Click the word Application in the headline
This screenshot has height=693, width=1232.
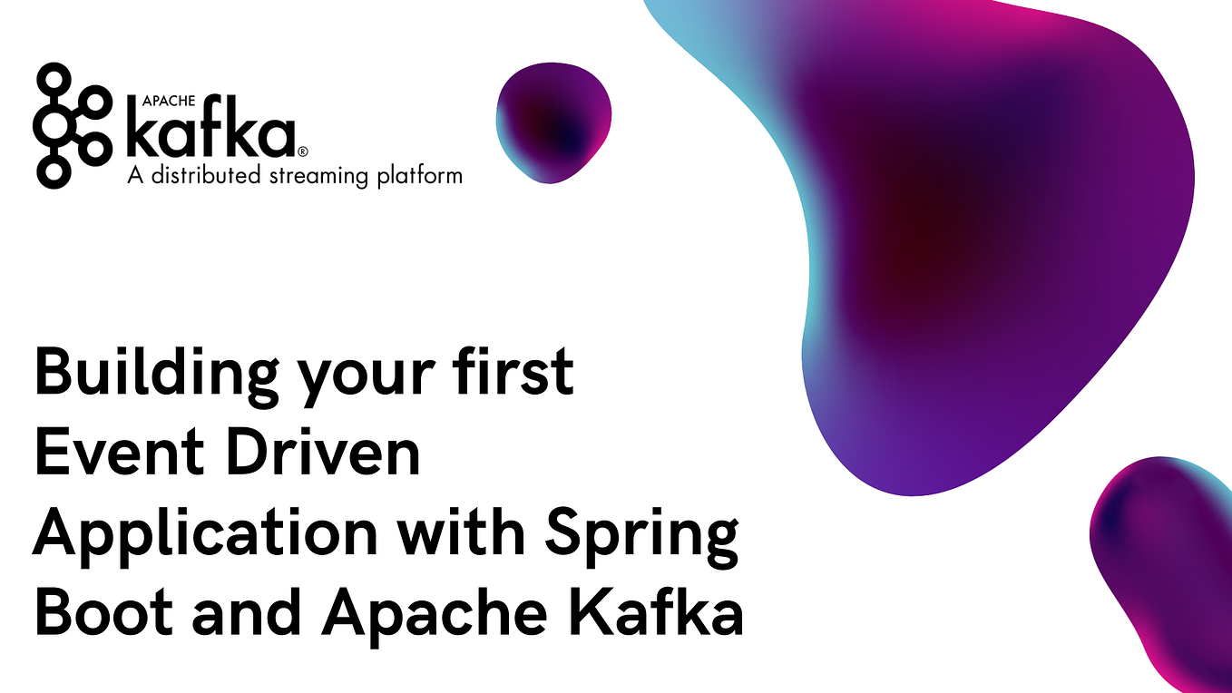tap(204, 535)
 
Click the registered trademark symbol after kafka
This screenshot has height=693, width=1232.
tap(303, 151)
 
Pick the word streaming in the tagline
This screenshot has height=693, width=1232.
tap(315, 175)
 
